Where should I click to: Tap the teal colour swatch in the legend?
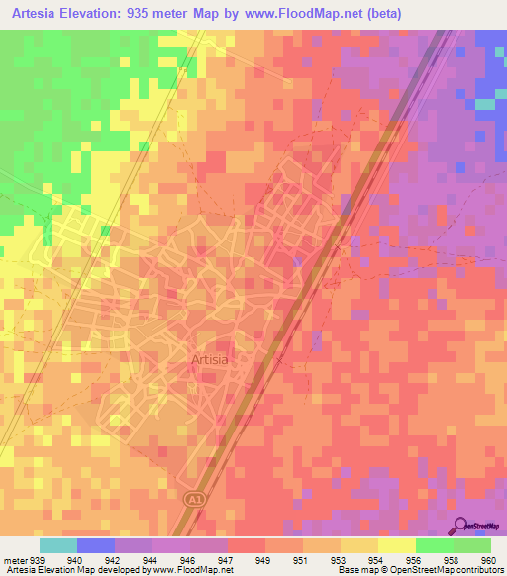click(x=57, y=545)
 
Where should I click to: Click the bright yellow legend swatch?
click(x=397, y=545)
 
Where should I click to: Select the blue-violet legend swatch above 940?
click(x=95, y=545)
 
